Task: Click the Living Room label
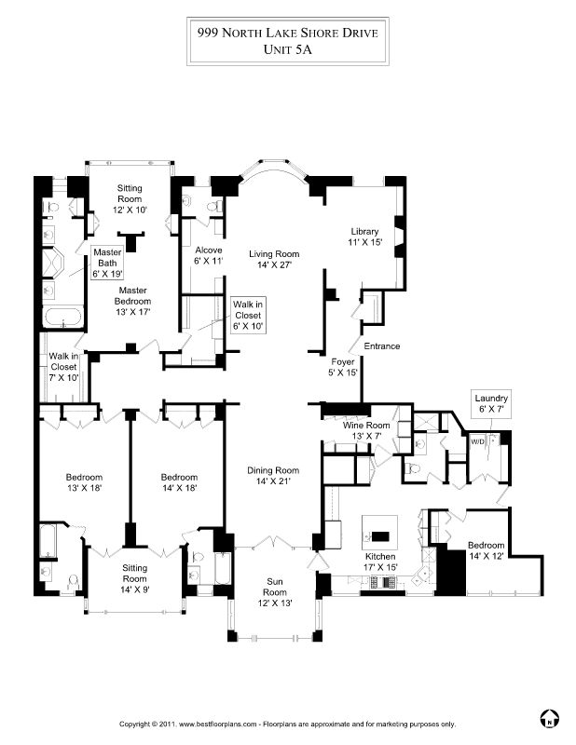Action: pyautogui.click(x=274, y=260)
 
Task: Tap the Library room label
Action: pyautogui.click(x=364, y=237)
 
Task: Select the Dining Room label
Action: pyautogui.click(x=273, y=476)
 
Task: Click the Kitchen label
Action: pyautogui.click(x=380, y=562)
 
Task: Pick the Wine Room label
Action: pyautogui.click(x=365, y=430)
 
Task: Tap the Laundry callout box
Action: pyautogui.click(x=491, y=404)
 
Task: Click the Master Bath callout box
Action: pyautogui.click(x=107, y=263)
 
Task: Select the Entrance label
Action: pyautogui.click(x=382, y=345)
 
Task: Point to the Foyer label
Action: pyautogui.click(x=342, y=367)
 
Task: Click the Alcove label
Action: pyautogui.click(x=209, y=255)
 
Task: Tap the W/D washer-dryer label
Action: pyautogui.click(x=477, y=441)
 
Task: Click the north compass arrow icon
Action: pyautogui.click(x=549, y=718)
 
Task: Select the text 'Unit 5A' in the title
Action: pyautogui.click(x=288, y=49)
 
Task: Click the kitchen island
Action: pyautogui.click(x=380, y=529)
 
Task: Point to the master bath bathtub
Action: pyautogui.click(x=62, y=317)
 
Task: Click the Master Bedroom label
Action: pyautogui.click(x=132, y=301)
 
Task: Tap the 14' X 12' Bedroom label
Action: pyautogui.click(x=487, y=550)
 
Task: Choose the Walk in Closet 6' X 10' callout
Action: pyautogui.click(x=248, y=316)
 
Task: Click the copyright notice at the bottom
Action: pyautogui.click(x=287, y=725)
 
